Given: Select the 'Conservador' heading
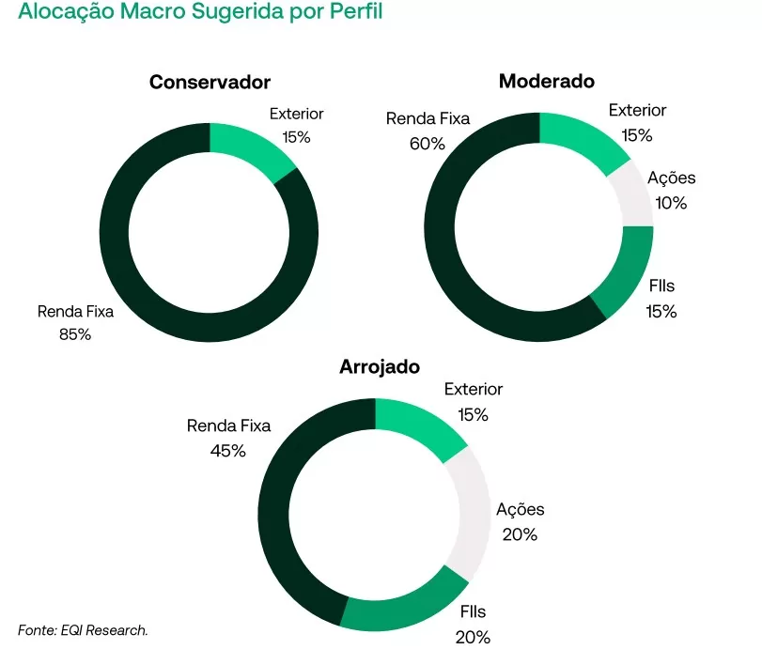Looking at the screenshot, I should [210, 83].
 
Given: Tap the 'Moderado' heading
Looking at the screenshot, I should [546, 81].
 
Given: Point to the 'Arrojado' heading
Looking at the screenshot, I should [379, 366].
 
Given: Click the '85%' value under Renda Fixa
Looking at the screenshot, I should [74, 333].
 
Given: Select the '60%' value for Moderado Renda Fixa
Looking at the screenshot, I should [427, 143].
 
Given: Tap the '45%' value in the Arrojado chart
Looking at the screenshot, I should [227, 450].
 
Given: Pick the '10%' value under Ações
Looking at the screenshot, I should [671, 202].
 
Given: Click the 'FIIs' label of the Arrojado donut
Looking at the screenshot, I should [473, 612].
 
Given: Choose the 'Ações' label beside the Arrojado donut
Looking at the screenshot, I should [520, 510].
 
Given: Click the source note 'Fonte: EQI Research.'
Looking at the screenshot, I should [83, 630].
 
